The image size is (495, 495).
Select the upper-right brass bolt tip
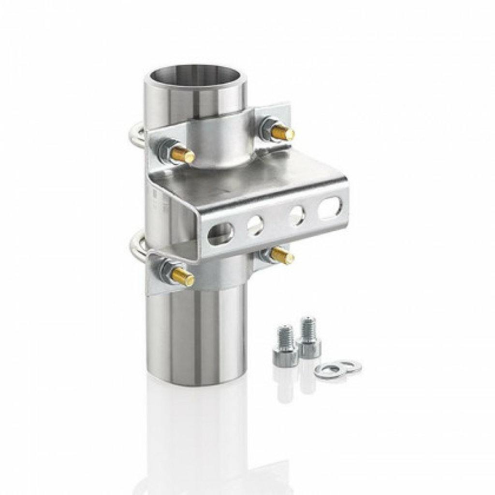click(x=283, y=133)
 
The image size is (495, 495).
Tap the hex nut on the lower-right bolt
click(x=267, y=253)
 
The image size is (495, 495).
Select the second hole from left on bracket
click(x=255, y=225)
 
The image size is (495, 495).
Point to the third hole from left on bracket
click(x=296, y=215)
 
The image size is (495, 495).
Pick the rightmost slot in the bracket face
click(x=330, y=207)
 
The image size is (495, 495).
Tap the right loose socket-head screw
click(x=308, y=337)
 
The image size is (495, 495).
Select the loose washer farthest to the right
click(x=349, y=366)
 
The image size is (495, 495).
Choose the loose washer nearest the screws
click(x=328, y=371)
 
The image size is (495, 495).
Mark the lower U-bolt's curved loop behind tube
click(x=135, y=246)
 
